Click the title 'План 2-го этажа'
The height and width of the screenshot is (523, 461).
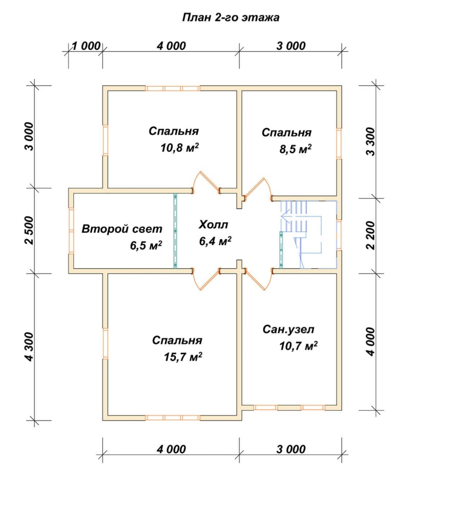pos(230,17)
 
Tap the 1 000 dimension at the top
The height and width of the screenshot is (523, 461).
pos(86,46)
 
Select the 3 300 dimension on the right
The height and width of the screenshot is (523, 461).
pos(370,142)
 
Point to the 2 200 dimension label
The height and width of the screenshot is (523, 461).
pos(370,235)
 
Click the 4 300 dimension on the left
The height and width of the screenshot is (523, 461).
pos(29,347)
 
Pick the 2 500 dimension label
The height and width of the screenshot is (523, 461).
pos(29,230)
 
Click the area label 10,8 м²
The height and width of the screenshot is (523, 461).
pos(180,148)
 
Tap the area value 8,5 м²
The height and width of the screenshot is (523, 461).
pos(296,149)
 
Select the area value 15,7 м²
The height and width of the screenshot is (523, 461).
pos(183,357)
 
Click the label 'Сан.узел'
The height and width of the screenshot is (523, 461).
pos(288,330)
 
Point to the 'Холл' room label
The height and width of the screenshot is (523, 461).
pos(213,225)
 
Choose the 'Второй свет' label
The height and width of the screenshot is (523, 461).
pos(122,229)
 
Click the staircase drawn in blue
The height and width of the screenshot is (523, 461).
pos(308,234)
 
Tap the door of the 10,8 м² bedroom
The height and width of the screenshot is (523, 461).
pos(206,183)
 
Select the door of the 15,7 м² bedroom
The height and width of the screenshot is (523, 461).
pos(206,279)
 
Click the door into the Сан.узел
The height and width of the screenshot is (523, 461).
pos(259,279)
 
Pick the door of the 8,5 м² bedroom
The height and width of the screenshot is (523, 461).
pos(259,189)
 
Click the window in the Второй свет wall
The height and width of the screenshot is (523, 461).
pos(71,231)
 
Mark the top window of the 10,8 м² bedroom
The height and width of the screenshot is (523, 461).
pos(173,88)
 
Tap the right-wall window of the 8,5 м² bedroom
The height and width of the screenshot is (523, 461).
pos(339,144)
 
